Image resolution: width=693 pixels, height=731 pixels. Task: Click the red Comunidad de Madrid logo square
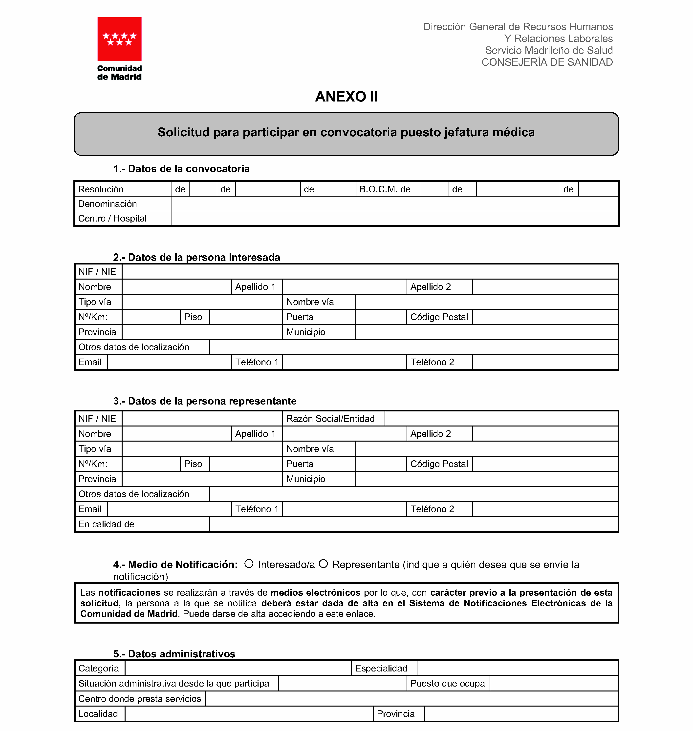(119, 39)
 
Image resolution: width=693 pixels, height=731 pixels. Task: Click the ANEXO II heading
(346, 97)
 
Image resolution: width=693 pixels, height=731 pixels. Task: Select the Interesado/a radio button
(249, 564)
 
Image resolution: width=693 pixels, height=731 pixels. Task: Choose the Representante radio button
(323, 564)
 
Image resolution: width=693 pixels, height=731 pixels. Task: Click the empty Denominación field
(394, 204)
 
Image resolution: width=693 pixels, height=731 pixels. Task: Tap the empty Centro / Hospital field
(394, 219)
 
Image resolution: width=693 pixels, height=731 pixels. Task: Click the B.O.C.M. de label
(385, 189)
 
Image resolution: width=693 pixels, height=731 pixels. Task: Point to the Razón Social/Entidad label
(330, 419)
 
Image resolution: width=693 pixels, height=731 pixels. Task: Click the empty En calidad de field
(414, 524)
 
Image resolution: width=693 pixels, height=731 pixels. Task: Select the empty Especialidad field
(517, 669)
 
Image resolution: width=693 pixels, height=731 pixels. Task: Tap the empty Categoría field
(238, 669)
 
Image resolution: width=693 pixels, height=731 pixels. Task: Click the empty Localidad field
(249, 714)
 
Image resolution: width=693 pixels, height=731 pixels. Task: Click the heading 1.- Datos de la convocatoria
(181, 169)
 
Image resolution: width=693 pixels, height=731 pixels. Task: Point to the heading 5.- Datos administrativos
(174, 654)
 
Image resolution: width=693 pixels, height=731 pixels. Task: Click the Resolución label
(101, 189)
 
